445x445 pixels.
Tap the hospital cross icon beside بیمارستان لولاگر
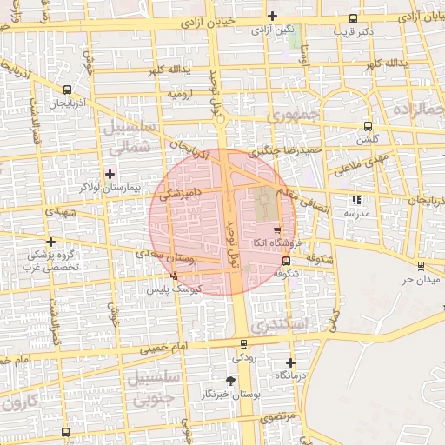110,174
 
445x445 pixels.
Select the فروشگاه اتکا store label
277,244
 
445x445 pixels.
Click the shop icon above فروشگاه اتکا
277,231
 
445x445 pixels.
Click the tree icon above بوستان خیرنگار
230,381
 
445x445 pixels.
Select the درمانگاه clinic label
289,375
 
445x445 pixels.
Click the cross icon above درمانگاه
290,362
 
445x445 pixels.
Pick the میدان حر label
416,280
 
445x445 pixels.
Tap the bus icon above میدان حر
421,266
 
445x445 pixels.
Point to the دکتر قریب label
353,31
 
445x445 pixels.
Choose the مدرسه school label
357,213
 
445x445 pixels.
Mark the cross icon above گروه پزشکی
51,242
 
